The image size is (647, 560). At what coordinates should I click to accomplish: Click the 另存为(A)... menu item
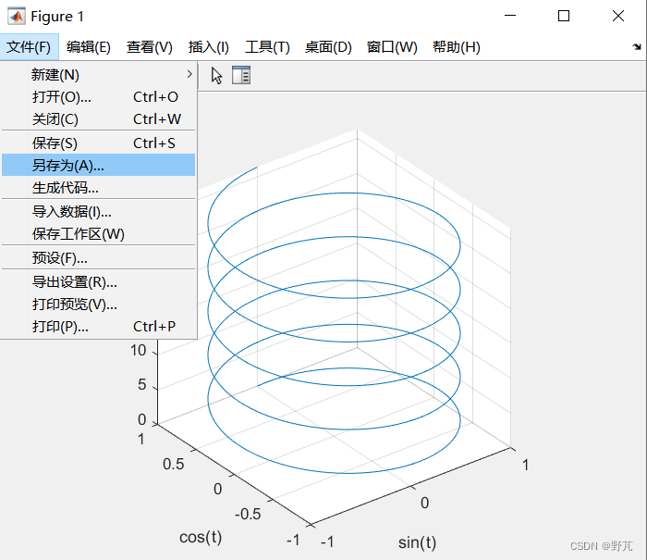68,165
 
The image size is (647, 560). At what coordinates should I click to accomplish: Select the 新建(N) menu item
55,74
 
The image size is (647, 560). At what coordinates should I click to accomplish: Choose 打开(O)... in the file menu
61,96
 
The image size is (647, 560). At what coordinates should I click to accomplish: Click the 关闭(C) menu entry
55,118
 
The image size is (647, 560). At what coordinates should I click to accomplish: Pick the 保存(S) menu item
55,143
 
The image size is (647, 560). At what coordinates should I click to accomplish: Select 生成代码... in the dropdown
65,188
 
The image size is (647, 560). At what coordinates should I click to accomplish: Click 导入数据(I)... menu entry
71,211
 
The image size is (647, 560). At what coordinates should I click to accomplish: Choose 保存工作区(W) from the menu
78,234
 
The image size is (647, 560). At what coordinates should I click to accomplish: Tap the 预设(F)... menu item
59,257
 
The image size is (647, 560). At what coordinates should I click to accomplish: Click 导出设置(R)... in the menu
74,281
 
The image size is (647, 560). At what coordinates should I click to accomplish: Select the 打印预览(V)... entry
74,304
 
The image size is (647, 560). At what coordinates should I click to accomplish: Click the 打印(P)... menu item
60,327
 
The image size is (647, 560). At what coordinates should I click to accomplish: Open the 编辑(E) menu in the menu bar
89,47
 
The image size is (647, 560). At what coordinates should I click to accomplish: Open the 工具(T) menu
267,47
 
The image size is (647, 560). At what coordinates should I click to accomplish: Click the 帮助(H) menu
457,47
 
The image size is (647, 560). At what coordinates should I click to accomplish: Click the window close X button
617,16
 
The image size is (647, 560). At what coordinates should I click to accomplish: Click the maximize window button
564,16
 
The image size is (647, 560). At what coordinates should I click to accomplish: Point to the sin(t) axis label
417,541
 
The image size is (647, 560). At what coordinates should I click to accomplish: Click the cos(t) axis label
201,536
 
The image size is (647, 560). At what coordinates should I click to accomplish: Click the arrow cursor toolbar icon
217,76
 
